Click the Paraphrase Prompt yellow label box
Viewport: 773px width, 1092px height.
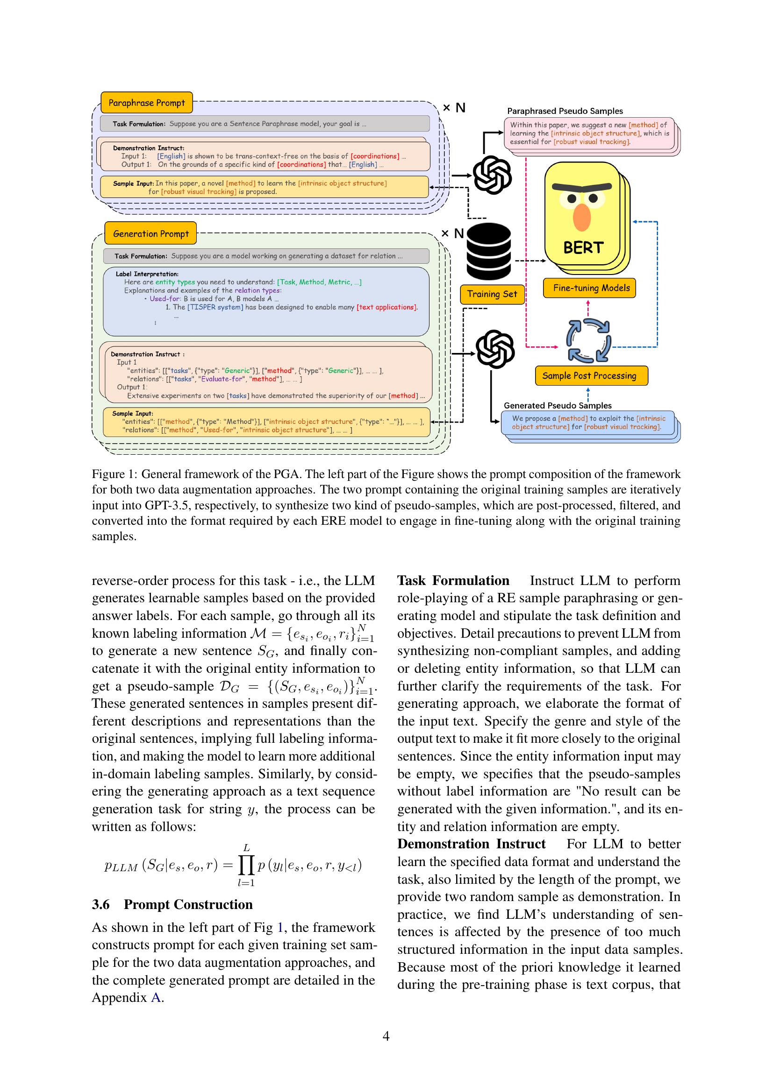(x=147, y=103)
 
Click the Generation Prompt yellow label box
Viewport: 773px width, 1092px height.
(x=150, y=233)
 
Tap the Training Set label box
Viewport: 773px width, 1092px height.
(x=492, y=294)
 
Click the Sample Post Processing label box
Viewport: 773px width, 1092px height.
(x=589, y=376)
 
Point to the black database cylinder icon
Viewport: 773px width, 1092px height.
(x=488, y=251)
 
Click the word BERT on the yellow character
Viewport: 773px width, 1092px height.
(x=583, y=248)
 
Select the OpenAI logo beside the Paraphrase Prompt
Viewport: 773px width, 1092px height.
(x=492, y=175)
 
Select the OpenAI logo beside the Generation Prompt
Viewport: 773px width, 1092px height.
(x=495, y=350)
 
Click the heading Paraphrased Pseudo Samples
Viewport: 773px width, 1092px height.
(x=565, y=111)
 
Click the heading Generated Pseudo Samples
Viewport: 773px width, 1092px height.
(x=558, y=405)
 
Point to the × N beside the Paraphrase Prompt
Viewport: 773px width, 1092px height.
(x=454, y=108)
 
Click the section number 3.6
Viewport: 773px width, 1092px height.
(x=101, y=904)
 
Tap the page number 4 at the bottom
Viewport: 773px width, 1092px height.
(x=386, y=1036)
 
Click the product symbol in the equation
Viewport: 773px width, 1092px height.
(x=246, y=865)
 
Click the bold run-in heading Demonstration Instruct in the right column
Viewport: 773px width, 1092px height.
(x=471, y=844)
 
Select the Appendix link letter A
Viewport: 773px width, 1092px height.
(x=156, y=997)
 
